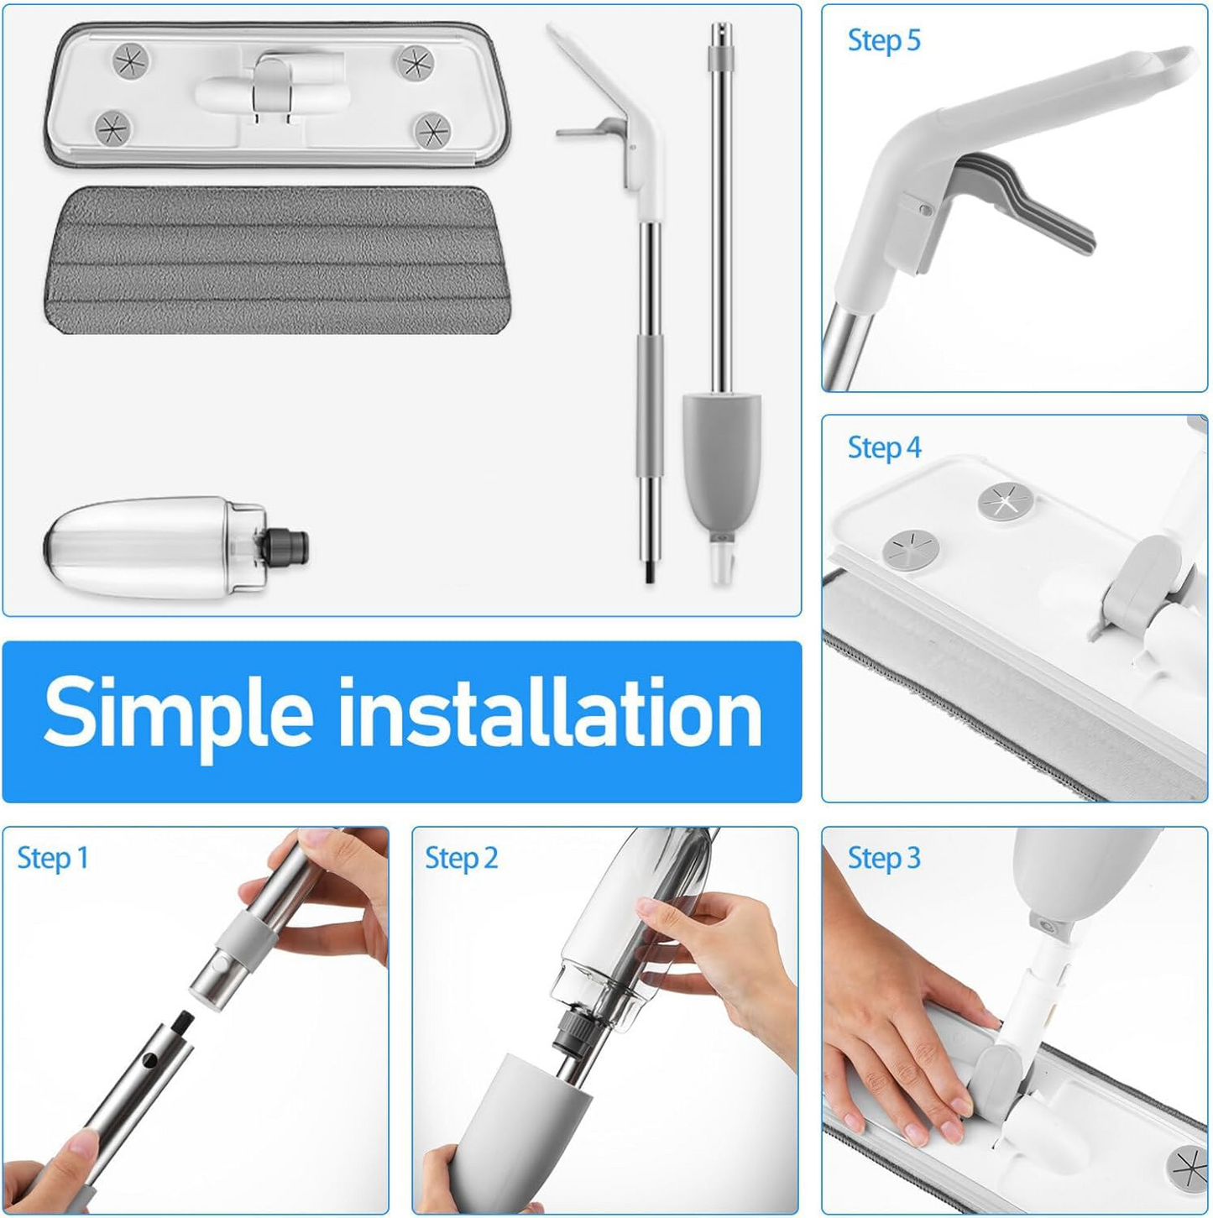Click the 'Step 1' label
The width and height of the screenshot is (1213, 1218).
[52, 858]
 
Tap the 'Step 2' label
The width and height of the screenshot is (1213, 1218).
[461, 858]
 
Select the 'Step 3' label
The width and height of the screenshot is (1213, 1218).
[883, 858]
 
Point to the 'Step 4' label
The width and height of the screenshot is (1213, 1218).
[883, 447]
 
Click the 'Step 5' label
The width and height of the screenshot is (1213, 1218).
[883, 40]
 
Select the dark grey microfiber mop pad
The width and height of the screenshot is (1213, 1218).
[277, 260]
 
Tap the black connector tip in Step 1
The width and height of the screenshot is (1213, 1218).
[181, 1025]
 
